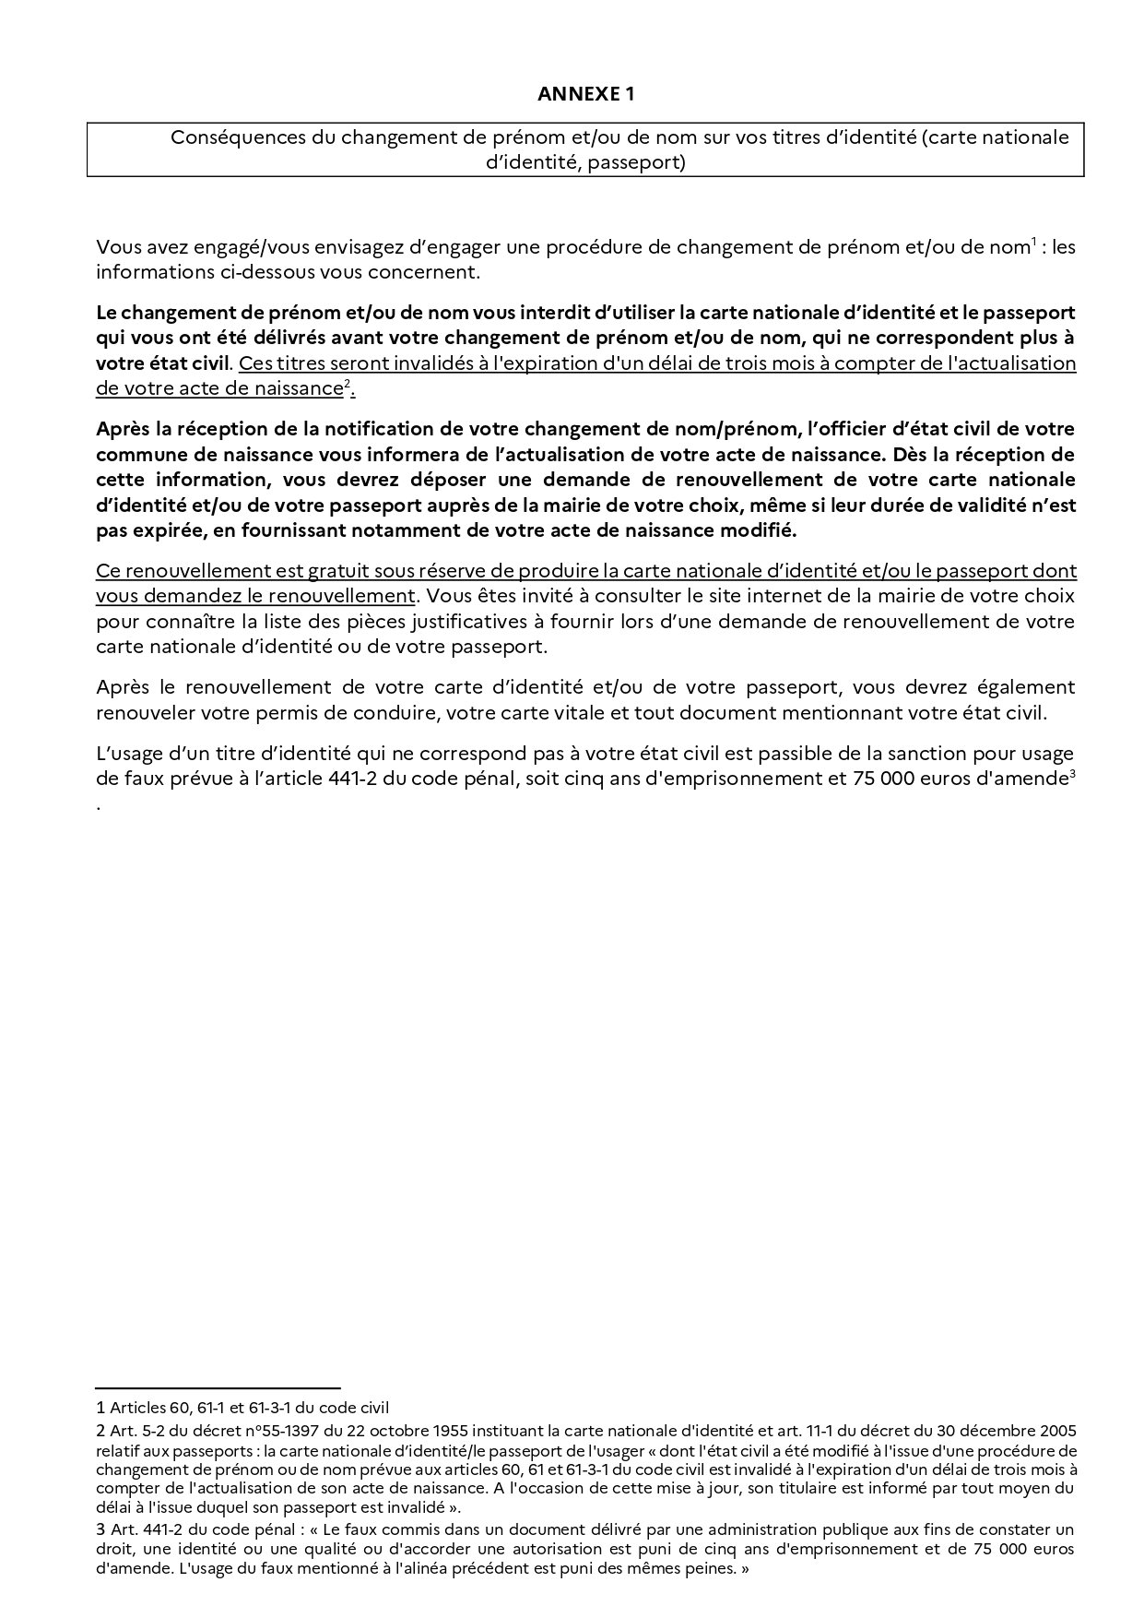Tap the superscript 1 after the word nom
pyautogui.click(x=1033, y=243)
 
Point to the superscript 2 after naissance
pyautogui.click(x=347, y=384)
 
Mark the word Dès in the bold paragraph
pyautogui.click(x=910, y=455)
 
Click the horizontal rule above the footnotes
pyautogui.click(x=218, y=1387)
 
